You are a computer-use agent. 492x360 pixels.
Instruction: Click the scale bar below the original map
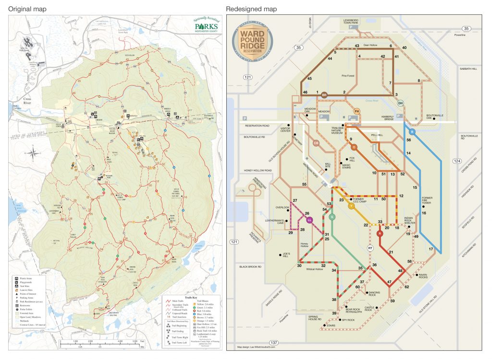pos(104,343)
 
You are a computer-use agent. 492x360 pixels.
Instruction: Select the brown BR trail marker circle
pos(324,95)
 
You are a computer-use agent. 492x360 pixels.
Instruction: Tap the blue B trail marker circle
pos(412,132)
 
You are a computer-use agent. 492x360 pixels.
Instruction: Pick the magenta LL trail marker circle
pos(309,220)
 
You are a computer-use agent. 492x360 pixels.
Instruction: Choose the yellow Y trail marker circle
pos(351,206)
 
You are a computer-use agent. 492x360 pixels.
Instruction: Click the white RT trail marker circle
pos(370,248)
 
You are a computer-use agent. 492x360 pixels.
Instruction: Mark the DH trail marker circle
pos(400,103)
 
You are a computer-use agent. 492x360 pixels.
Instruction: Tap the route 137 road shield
pos(274,342)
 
